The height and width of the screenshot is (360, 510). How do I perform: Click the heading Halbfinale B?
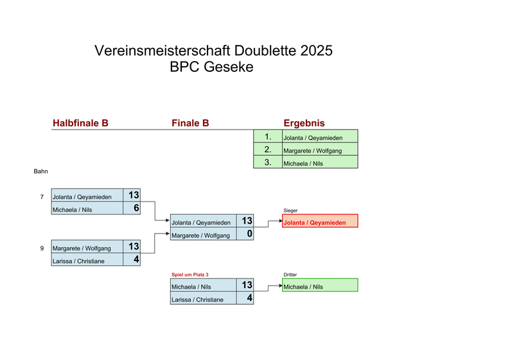[x=80, y=123]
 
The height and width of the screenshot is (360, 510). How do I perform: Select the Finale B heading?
[x=190, y=123]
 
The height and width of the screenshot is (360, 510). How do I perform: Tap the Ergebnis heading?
[x=304, y=123]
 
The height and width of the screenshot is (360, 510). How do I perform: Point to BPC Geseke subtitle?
[x=212, y=67]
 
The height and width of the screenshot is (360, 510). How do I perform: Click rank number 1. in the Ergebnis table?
[x=268, y=137]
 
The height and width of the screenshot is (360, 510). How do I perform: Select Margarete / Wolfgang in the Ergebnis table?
[x=312, y=151]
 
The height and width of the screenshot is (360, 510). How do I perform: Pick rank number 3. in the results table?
[x=268, y=163]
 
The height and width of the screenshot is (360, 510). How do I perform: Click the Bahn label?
[x=41, y=172]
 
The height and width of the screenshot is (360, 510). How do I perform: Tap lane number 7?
[x=42, y=196]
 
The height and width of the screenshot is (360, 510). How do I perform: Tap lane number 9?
[x=42, y=248]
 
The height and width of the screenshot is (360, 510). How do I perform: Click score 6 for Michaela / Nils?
[x=136, y=208]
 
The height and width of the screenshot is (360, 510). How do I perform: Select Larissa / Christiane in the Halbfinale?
[x=78, y=261]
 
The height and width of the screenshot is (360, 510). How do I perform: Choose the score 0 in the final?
[x=249, y=234]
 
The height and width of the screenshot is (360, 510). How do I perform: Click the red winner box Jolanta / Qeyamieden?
[x=320, y=222]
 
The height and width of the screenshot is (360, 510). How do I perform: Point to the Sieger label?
[x=290, y=210]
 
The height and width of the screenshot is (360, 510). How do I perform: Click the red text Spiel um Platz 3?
[x=189, y=275]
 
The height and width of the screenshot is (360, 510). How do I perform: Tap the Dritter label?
[x=290, y=275]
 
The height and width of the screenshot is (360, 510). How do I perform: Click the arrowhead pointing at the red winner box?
[x=279, y=221]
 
